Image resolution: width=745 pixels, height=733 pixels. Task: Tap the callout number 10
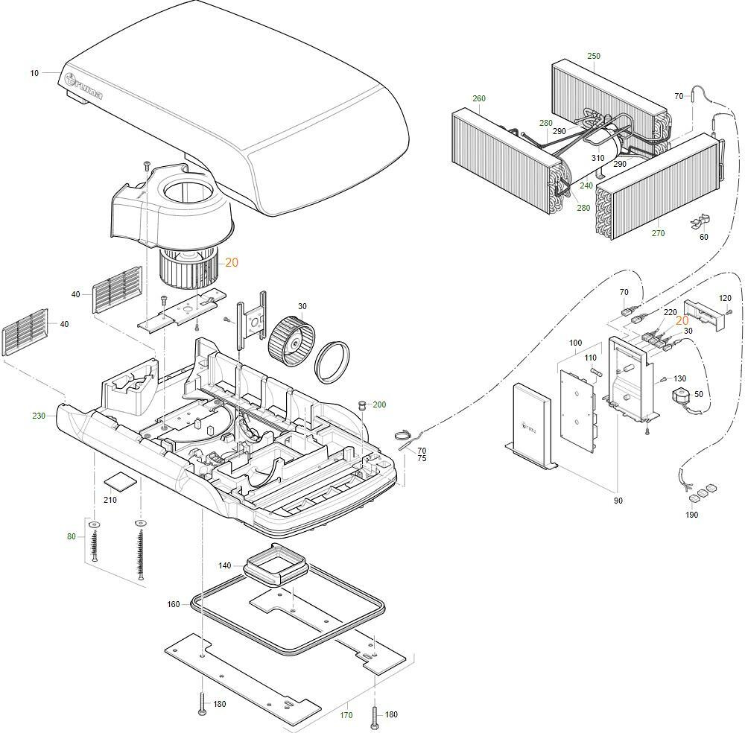click(x=34, y=73)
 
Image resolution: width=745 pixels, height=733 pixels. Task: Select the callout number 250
click(x=593, y=56)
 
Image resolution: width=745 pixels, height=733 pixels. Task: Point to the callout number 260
click(x=479, y=98)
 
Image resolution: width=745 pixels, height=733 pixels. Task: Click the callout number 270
click(x=658, y=233)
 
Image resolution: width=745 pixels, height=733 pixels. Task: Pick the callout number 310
click(x=598, y=158)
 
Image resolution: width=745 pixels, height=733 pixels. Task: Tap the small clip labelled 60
click(x=701, y=220)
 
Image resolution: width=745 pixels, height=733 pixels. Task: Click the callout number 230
click(x=39, y=416)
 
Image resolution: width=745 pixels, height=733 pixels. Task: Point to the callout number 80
click(x=72, y=536)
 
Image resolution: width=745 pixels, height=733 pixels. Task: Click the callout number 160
click(x=174, y=604)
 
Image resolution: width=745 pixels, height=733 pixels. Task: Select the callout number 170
click(x=346, y=716)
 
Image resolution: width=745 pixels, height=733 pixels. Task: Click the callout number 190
click(x=691, y=515)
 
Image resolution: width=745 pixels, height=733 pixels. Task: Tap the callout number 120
click(x=725, y=298)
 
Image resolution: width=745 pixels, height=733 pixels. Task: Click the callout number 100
click(x=575, y=343)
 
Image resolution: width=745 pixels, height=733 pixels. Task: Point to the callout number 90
click(x=618, y=501)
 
